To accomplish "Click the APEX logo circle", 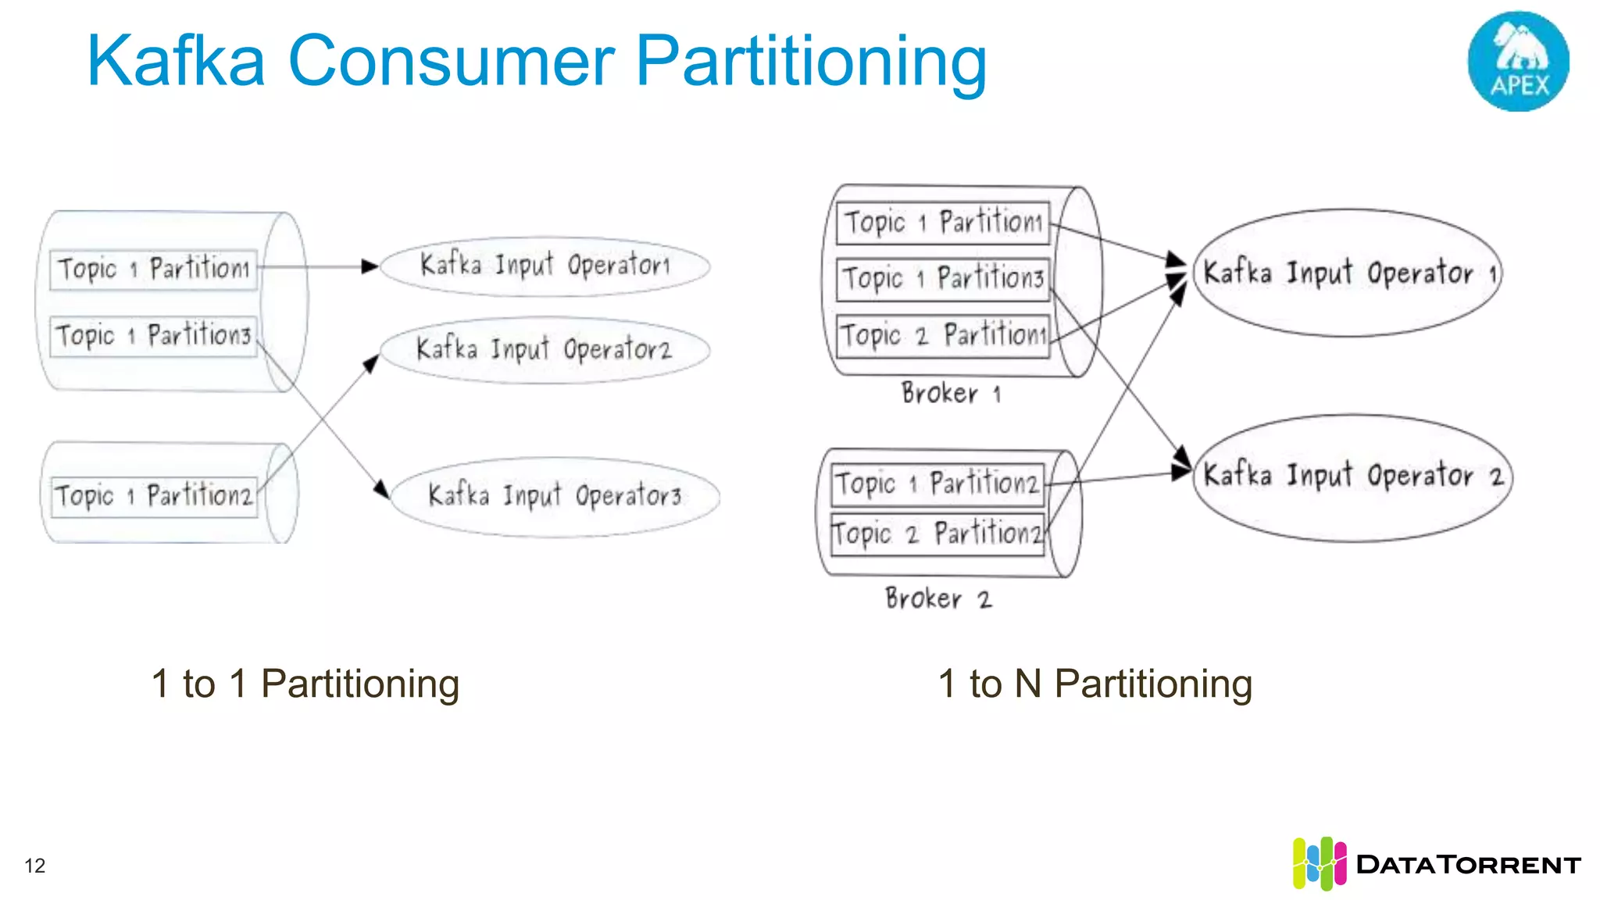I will click(1518, 61).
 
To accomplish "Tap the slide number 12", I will click(35, 866).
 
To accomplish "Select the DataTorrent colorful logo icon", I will click(1319, 863).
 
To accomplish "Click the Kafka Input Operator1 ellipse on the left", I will click(545, 266).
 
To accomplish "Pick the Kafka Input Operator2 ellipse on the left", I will click(544, 349).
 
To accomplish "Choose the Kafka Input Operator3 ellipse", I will click(555, 496).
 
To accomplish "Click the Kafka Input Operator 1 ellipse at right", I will click(1348, 273).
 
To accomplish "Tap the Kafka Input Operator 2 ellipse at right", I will click(1352, 477).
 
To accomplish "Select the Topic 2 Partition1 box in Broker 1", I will click(943, 336).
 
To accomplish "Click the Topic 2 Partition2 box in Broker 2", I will click(937, 534).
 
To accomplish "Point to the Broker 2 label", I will click(937, 599).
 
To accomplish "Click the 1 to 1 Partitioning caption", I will click(305, 684).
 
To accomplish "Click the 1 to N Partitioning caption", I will click(1095, 684).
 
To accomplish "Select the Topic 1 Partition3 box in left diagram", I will click(153, 336).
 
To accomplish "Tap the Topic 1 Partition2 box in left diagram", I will click(154, 496).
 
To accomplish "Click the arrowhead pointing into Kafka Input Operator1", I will click(370, 266).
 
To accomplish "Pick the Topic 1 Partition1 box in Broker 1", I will click(943, 223).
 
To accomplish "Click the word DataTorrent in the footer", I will click(1468, 865).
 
